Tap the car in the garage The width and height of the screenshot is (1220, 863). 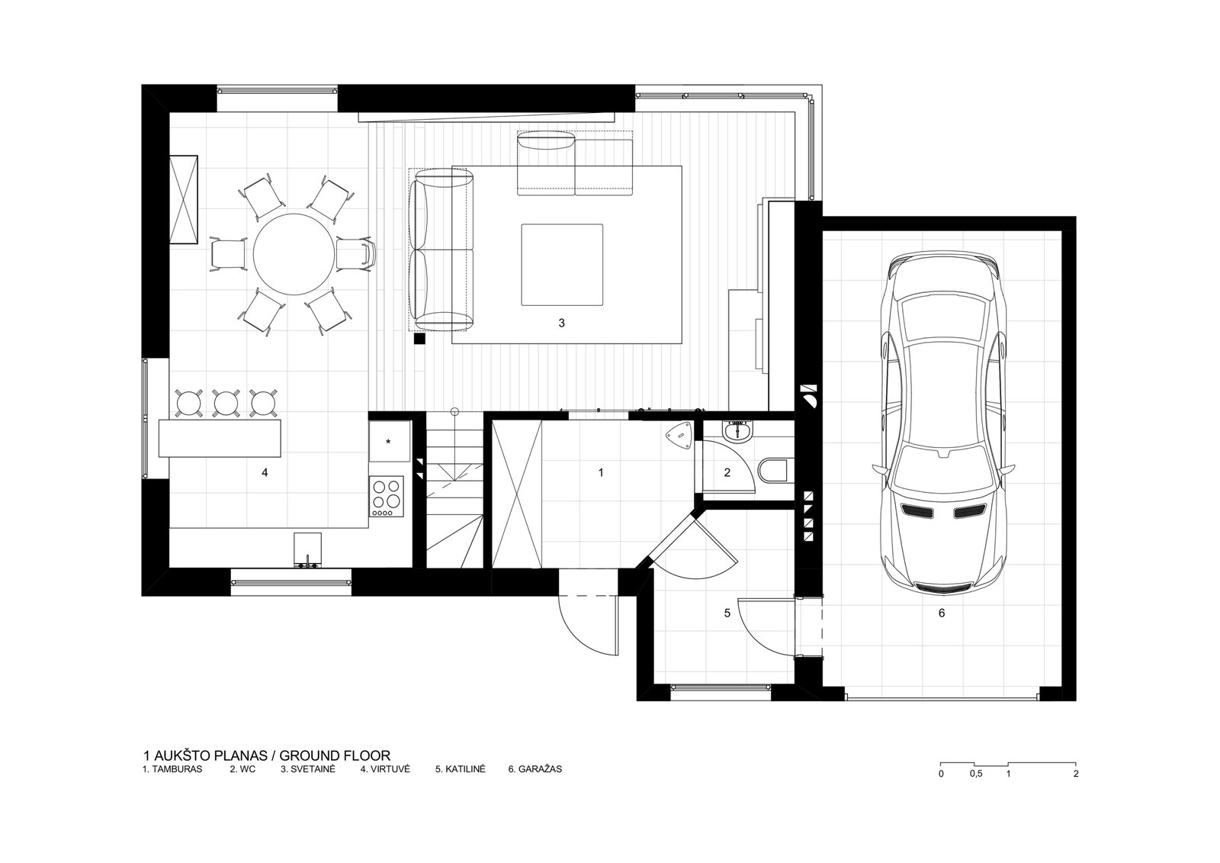(x=943, y=423)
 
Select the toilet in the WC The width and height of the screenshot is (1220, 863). (x=773, y=471)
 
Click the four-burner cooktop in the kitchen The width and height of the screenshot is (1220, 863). (x=387, y=496)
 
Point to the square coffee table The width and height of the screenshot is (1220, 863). (x=562, y=265)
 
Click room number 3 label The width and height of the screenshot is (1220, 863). (x=561, y=324)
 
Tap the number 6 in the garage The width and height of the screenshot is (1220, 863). (x=942, y=613)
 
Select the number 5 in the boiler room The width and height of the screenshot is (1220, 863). (x=727, y=613)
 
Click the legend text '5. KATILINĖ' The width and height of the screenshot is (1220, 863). (x=461, y=769)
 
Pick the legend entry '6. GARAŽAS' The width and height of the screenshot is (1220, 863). (x=535, y=769)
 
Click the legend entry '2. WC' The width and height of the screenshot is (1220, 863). (x=242, y=769)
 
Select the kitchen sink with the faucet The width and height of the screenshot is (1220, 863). (x=308, y=551)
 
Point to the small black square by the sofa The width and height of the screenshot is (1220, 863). (x=419, y=339)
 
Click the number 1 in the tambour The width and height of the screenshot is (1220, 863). (x=601, y=472)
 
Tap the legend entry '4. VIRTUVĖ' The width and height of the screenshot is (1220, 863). (x=385, y=769)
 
